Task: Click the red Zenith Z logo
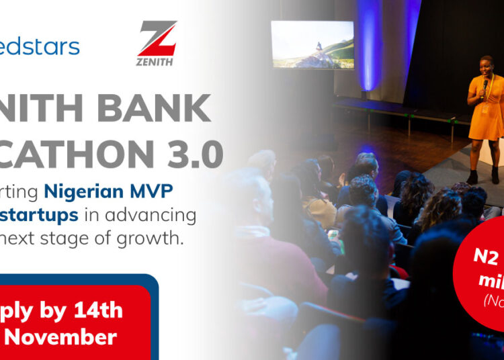157,38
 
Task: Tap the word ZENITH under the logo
157,62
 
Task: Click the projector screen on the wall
312,44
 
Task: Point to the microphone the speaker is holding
486,86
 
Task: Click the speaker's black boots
481,177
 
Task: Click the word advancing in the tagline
164,216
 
